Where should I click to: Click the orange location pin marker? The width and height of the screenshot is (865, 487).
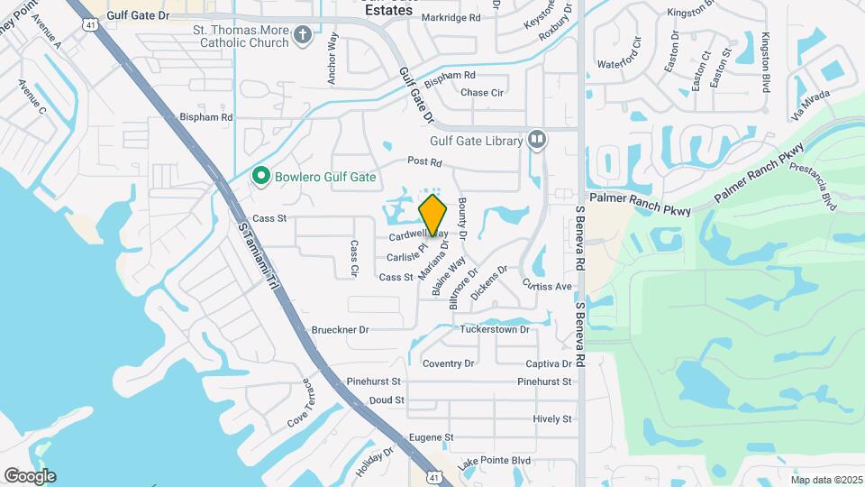pyautogui.click(x=433, y=215)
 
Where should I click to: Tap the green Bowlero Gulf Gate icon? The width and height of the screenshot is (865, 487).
pyautogui.click(x=262, y=176)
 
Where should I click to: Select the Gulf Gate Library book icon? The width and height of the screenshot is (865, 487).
pyautogui.click(x=537, y=140)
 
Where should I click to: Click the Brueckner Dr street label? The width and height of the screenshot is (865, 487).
pyautogui.click(x=339, y=330)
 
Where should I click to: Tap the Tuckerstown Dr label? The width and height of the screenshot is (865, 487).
pyautogui.click(x=494, y=330)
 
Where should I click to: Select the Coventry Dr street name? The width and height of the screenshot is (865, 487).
pyautogui.click(x=448, y=363)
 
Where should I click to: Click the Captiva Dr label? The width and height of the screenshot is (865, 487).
pyautogui.click(x=549, y=364)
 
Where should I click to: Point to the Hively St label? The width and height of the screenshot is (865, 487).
pyautogui.click(x=551, y=419)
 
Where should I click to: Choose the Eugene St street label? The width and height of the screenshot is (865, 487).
pyautogui.click(x=430, y=437)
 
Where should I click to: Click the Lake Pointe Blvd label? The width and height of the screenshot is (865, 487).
pyautogui.click(x=494, y=461)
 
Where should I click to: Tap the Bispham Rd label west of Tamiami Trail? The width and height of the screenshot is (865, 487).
pyautogui.click(x=206, y=117)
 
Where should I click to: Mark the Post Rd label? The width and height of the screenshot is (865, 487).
pyautogui.click(x=424, y=162)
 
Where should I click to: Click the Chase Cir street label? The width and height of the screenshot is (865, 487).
pyautogui.click(x=482, y=93)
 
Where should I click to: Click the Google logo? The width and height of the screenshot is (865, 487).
pyautogui.click(x=30, y=476)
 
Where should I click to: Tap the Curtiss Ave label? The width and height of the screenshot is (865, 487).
pyautogui.click(x=547, y=285)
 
